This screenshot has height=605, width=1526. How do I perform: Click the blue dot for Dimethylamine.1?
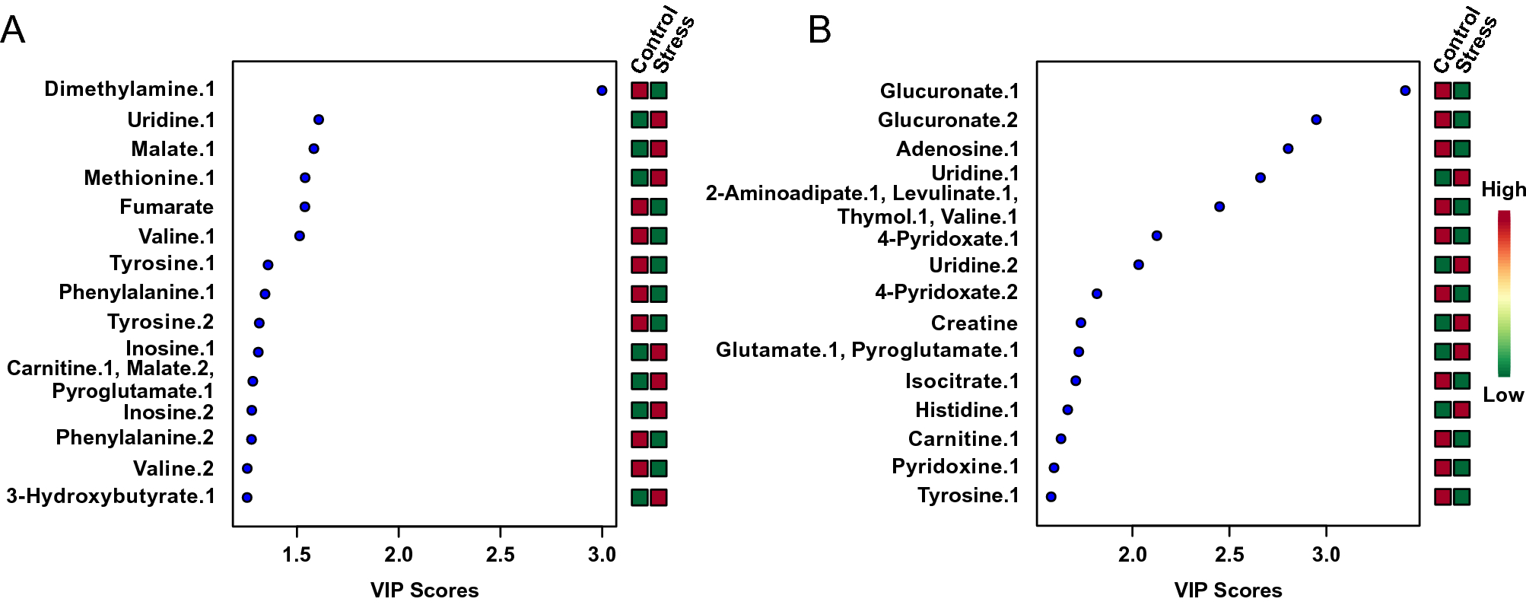602,91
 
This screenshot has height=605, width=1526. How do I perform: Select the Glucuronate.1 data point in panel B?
1405,91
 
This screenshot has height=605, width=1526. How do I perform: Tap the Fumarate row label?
167,207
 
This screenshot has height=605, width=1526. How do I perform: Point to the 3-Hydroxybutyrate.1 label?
110,496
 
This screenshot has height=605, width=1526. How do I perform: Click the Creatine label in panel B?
974,323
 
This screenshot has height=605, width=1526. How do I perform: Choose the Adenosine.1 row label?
957,149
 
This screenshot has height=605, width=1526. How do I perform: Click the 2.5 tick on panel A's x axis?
500,555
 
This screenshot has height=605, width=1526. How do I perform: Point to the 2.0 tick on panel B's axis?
1133,555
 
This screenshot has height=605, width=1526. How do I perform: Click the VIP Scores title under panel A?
424,591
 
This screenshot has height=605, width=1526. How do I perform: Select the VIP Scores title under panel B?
1228,591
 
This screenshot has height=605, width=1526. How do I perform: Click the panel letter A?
13,30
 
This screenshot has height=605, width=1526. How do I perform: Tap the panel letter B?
819,30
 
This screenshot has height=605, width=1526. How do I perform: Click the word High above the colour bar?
1503,189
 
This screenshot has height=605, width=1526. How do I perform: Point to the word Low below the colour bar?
1503,395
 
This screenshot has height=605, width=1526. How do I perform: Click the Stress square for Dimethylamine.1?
659,91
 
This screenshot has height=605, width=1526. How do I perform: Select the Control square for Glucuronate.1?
1443,91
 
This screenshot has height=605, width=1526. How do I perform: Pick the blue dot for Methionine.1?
305,178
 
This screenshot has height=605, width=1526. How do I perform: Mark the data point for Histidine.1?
1067,409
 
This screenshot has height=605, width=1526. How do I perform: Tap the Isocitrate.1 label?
962,381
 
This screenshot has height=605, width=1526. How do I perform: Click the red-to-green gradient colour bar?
1504,293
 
